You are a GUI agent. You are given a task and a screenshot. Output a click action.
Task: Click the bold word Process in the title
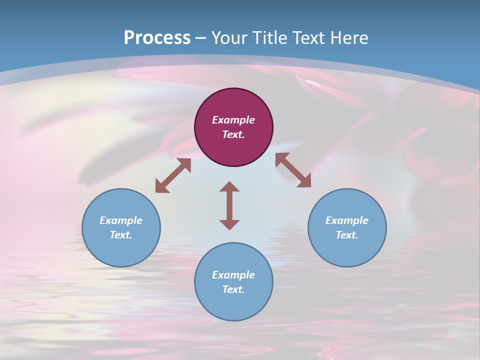tap(157, 37)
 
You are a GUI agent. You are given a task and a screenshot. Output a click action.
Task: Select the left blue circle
tap(121, 227)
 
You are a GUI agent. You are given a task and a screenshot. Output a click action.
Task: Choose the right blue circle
tap(347, 227)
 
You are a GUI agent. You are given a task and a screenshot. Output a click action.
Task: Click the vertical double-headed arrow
tap(229, 205)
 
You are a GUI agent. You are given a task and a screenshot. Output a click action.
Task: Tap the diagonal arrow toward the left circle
tap(173, 175)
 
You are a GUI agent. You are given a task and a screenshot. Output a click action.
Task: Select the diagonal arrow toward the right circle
tap(293, 170)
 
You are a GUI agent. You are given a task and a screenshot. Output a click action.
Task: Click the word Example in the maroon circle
tap(233, 120)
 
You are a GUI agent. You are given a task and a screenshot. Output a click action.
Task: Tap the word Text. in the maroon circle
tap(233, 134)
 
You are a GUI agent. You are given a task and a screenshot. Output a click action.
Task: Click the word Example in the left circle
tap(121, 220)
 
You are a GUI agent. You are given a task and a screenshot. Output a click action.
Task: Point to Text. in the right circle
tap(347, 235)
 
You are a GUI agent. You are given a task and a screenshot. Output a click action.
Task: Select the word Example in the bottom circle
tap(233, 275)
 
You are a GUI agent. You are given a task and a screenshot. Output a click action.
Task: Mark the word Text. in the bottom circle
tap(233, 289)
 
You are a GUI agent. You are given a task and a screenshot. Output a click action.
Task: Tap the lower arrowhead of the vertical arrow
tap(229, 224)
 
